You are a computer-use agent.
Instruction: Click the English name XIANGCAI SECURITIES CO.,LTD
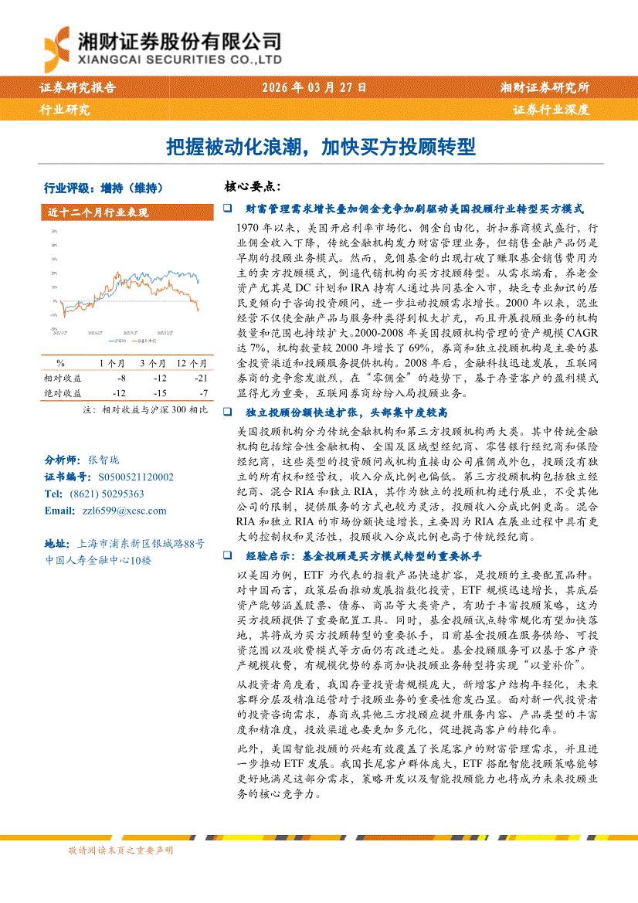tap(179, 59)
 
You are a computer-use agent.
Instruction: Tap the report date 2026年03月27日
tap(314, 88)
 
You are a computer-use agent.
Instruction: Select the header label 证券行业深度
tap(551, 110)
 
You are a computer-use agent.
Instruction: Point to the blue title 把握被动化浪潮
tap(232, 146)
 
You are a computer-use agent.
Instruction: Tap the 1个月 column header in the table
tap(112, 362)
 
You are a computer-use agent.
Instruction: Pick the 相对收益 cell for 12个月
tap(201, 378)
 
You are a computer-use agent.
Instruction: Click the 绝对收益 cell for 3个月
tap(159, 393)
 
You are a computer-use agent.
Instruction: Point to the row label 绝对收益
tap(63, 393)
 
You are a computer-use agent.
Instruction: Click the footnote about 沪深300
tap(144, 410)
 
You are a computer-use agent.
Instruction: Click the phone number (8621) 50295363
tap(106, 494)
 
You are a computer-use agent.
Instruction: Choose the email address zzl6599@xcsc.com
tap(113, 511)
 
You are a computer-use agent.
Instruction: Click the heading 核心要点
tap(252, 188)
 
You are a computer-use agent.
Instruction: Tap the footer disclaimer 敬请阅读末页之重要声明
tap(120, 850)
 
